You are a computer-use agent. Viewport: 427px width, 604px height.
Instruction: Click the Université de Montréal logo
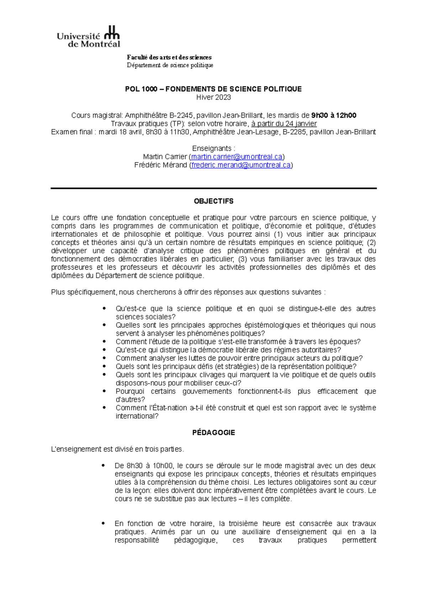(x=88, y=37)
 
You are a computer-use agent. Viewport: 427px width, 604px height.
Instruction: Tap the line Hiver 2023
(x=213, y=97)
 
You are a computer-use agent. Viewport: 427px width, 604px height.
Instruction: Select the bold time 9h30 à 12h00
(x=333, y=116)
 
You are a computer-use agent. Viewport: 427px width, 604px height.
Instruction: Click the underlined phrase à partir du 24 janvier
(x=284, y=124)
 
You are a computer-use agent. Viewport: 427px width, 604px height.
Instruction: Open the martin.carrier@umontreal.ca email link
(x=237, y=157)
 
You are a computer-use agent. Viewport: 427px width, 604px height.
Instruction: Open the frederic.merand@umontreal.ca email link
(x=241, y=165)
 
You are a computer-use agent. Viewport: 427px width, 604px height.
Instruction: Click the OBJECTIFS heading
(x=213, y=201)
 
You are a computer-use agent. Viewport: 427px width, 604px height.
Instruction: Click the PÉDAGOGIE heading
(x=213, y=433)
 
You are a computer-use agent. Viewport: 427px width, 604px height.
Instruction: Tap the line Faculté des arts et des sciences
(x=169, y=57)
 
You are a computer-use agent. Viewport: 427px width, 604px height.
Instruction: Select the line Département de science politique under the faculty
(x=170, y=65)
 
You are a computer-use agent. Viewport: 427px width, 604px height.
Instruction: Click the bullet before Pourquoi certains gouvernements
(x=104, y=391)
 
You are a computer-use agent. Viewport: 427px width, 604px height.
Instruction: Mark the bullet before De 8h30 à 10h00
(x=103, y=466)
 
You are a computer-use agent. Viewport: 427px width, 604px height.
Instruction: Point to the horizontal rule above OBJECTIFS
(x=213, y=188)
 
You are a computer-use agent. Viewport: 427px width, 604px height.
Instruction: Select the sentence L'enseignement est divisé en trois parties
(x=118, y=449)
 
